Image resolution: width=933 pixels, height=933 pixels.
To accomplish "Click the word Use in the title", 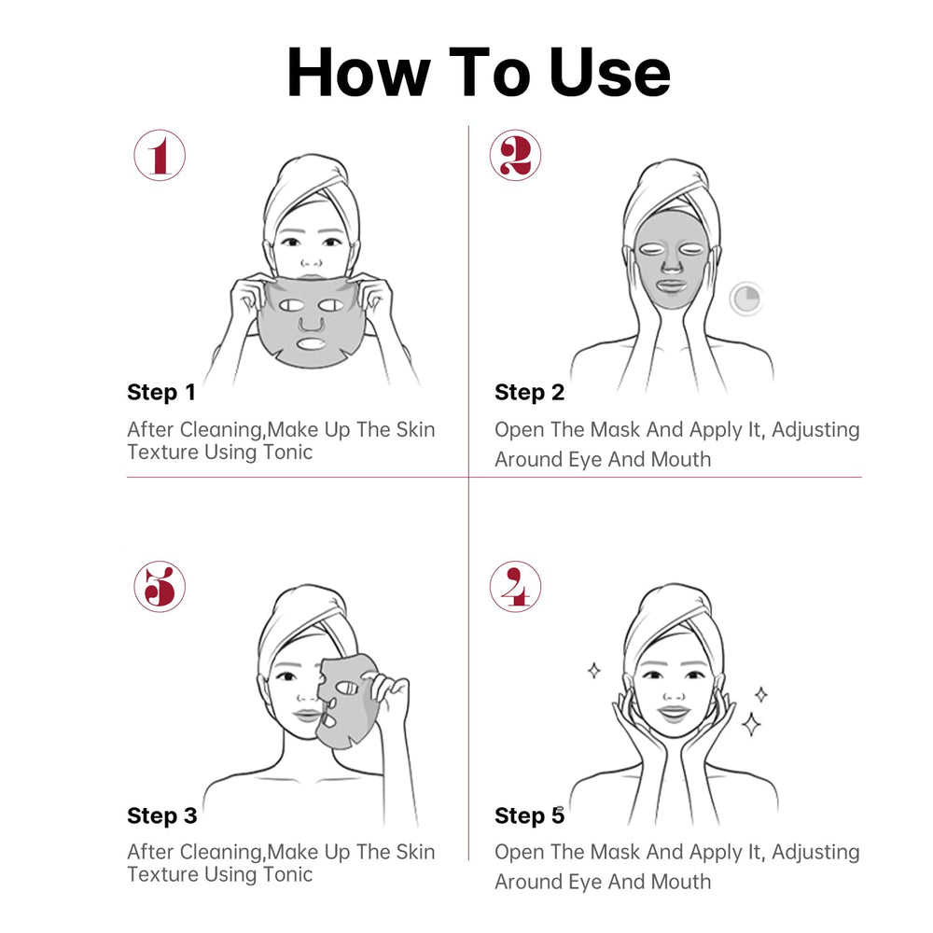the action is (x=609, y=72).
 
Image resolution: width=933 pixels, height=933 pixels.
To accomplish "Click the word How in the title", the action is (x=358, y=72).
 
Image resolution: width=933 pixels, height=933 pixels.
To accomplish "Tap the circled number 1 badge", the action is (x=160, y=155).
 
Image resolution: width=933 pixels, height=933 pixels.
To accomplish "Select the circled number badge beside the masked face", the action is (x=515, y=155).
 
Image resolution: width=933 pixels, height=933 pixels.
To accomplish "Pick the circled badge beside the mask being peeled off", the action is (x=160, y=586).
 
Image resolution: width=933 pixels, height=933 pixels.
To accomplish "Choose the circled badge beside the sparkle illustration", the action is (x=515, y=586).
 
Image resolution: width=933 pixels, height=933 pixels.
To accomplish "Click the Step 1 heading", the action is (x=161, y=392).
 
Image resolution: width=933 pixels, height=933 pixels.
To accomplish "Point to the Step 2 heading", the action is (x=530, y=392).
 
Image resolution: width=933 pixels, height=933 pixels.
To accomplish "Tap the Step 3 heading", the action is (x=161, y=815).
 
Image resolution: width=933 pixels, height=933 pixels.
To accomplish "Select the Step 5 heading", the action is (x=530, y=815).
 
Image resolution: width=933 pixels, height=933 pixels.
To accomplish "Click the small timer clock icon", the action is (x=746, y=299).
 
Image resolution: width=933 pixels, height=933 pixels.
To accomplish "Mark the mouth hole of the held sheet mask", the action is (x=312, y=344).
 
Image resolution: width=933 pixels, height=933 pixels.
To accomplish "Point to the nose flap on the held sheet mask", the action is (x=312, y=325).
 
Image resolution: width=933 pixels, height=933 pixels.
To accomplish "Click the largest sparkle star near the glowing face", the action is (x=751, y=724).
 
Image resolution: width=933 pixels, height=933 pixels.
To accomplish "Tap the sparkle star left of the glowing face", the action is (x=593, y=671).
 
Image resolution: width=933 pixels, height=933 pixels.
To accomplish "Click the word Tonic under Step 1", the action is (x=288, y=453).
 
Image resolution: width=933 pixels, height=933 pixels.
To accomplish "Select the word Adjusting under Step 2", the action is (x=815, y=430).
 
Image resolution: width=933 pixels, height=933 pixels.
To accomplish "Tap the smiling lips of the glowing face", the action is (x=673, y=712).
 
